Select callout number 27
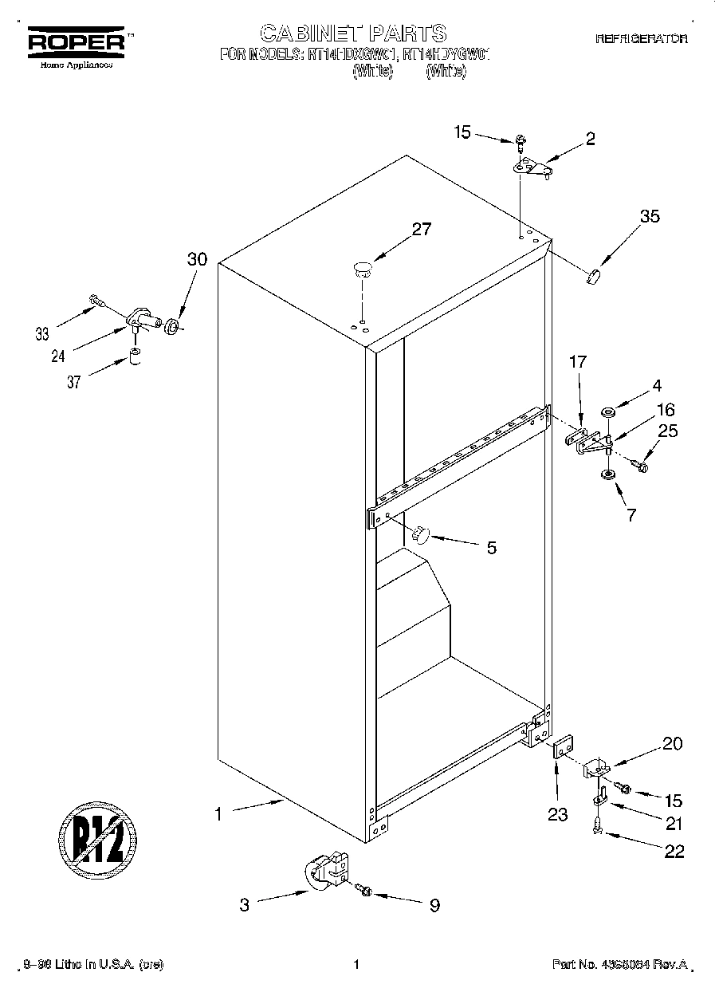(421, 230)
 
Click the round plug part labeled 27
(363, 267)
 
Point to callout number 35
(650, 216)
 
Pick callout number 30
(197, 259)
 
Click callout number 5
(492, 548)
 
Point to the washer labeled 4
(609, 412)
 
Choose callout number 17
(577, 362)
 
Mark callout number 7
(631, 514)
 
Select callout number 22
(674, 852)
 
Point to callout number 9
(434, 905)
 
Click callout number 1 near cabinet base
(217, 813)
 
